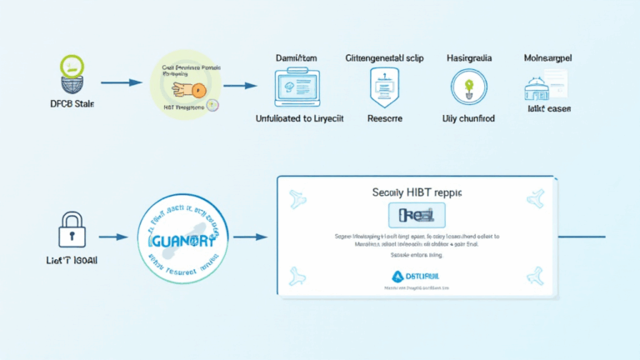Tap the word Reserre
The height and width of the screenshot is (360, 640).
pyautogui.click(x=385, y=119)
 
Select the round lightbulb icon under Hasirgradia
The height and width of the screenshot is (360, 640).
pyautogui.click(x=467, y=86)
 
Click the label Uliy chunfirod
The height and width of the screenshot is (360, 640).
pyautogui.click(x=468, y=119)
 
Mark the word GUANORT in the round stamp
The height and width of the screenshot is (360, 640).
pyautogui.click(x=182, y=238)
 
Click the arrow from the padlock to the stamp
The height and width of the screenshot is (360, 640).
pyautogui.click(x=112, y=237)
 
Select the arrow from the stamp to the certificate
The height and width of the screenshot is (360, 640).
pyautogui.click(x=250, y=237)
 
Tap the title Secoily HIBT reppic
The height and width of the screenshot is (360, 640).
pyautogui.click(x=416, y=192)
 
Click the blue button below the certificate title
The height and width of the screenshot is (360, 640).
pyautogui.click(x=417, y=216)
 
